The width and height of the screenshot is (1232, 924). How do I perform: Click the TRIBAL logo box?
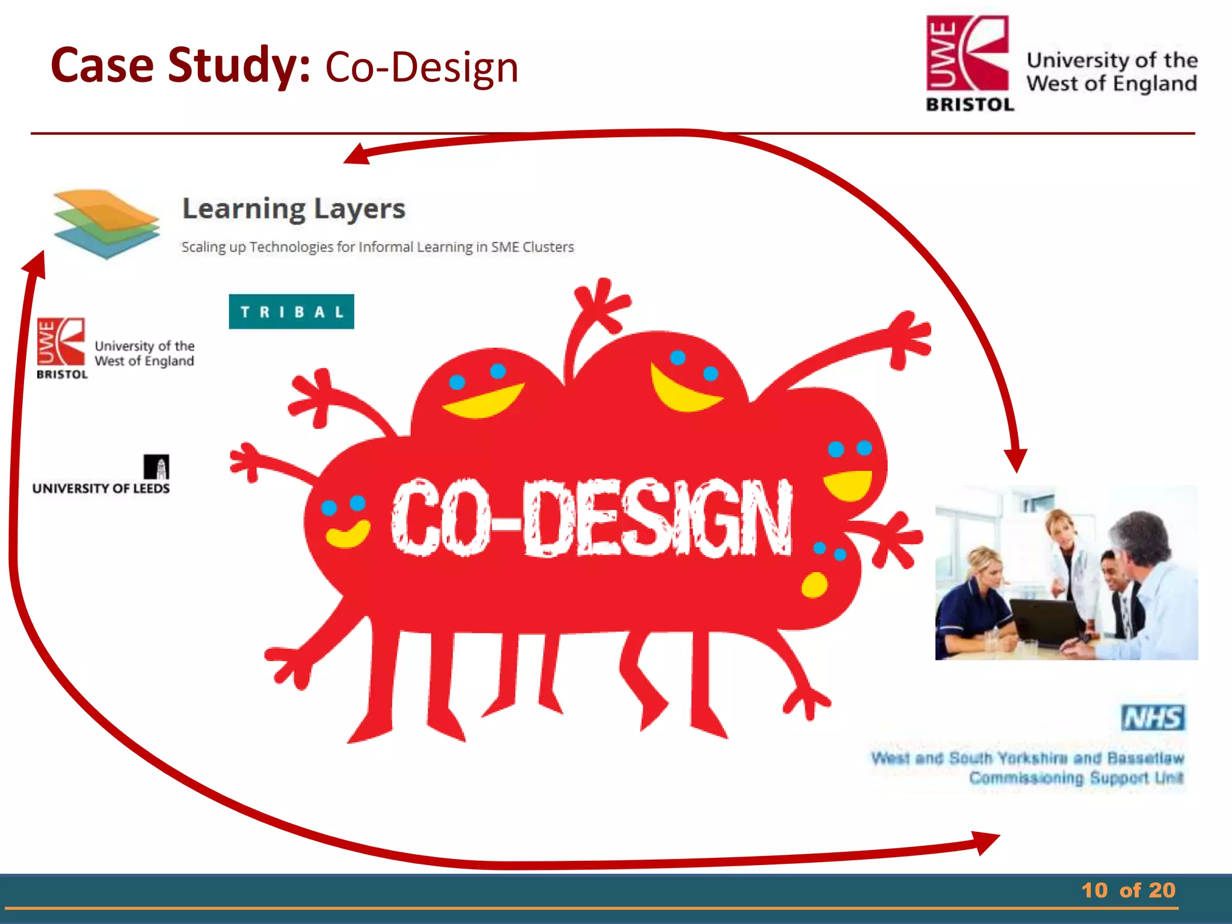[291, 312]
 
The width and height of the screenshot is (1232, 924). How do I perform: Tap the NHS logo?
[1153, 718]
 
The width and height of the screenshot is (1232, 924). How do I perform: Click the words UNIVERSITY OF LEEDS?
[101, 488]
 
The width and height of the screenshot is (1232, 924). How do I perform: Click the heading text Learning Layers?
[294, 209]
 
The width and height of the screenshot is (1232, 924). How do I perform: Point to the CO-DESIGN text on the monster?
[591, 518]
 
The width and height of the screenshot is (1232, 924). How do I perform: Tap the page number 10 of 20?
[1128, 890]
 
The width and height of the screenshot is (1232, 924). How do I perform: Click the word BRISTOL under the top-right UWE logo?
[970, 105]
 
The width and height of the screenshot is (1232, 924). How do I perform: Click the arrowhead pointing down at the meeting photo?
[1016, 460]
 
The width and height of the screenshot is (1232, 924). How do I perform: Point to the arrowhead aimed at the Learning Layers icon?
[35, 265]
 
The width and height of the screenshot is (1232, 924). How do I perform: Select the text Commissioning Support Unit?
[1076, 778]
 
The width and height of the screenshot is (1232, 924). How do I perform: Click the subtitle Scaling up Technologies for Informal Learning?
[377, 247]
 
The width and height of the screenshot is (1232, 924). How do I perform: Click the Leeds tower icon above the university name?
[156, 467]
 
